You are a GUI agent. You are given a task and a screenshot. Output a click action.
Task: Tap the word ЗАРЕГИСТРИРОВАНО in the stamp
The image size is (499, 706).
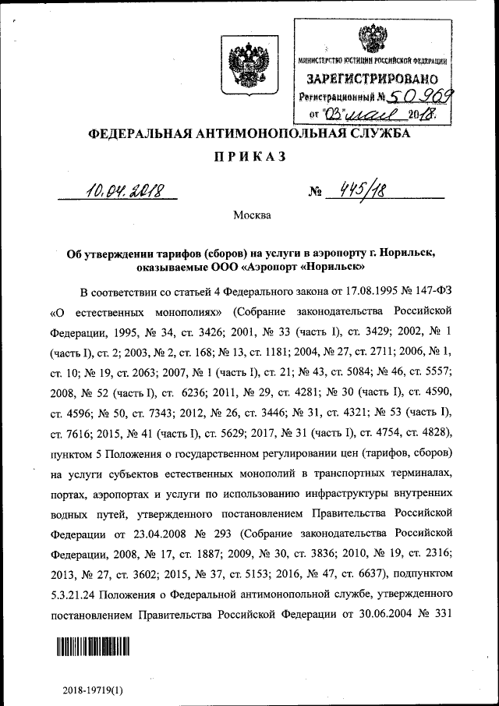click(371, 79)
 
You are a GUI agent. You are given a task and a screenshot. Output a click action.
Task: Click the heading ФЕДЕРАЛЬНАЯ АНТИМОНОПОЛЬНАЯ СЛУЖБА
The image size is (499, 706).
click(250, 135)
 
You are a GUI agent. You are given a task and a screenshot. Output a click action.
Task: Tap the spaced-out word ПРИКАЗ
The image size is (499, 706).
click(250, 157)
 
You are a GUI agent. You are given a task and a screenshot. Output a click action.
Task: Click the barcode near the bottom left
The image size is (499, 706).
click(92, 647)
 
